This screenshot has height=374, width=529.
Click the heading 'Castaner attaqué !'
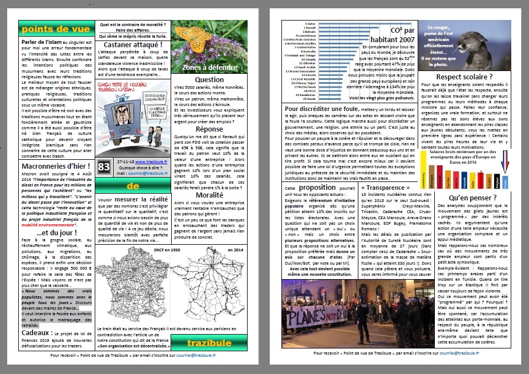(x=132, y=44)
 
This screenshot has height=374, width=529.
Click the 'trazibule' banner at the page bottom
(x=209, y=343)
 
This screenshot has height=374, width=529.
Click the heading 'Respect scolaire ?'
(x=464, y=77)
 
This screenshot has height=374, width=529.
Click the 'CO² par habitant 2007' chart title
(x=394, y=34)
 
